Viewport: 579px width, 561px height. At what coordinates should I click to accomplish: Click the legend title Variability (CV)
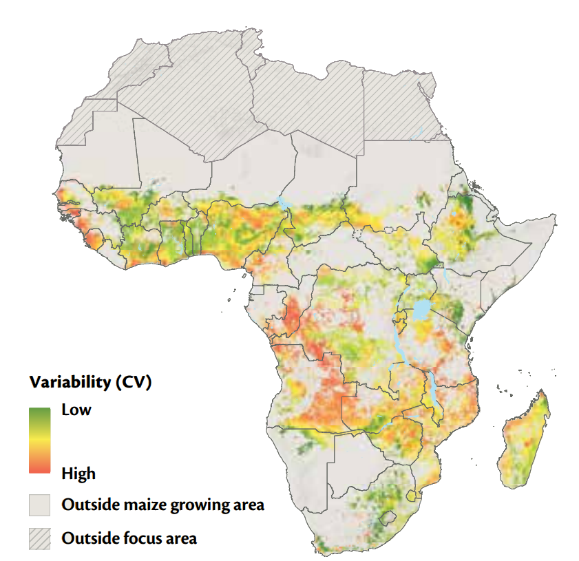[90, 382]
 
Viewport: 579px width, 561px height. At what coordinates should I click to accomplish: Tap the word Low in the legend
[76, 410]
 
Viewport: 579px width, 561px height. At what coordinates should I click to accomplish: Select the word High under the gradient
[78, 474]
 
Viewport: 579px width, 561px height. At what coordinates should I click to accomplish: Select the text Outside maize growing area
[162, 505]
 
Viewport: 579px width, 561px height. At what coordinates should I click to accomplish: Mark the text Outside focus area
[129, 538]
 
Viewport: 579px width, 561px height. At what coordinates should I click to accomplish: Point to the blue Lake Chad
[283, 202]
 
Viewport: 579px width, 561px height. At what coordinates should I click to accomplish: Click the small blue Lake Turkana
[448, 275]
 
